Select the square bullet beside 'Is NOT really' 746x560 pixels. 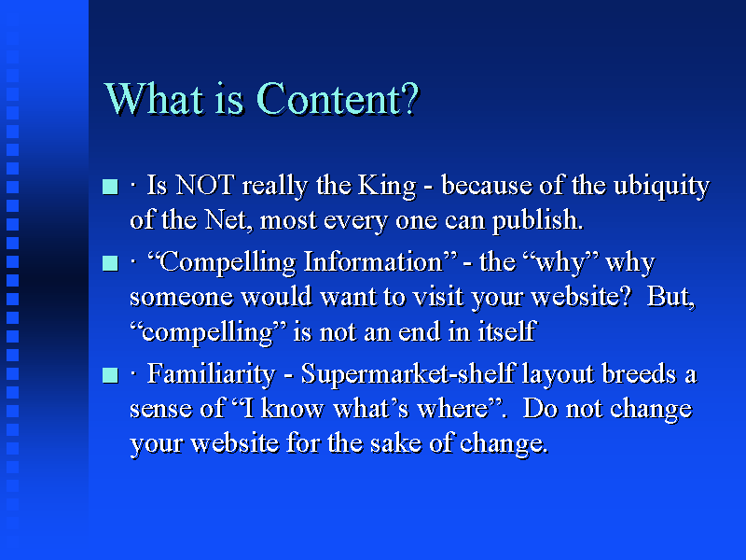[x=110, y=186]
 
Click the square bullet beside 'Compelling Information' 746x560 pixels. [x=110, y=263]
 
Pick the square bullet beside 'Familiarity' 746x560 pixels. [x=110, y=375]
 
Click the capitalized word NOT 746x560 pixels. [x=204, y=185]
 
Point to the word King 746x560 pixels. [x=387, y=186]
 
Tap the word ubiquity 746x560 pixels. [x=661, y=186]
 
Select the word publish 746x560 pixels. [x=537, y=220]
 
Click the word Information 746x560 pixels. [x=373, y=262]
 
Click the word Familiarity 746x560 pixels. [x=211, y=374]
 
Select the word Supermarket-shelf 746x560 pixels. [x=408, y=374]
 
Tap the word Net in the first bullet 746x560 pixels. [x=225, y=220]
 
